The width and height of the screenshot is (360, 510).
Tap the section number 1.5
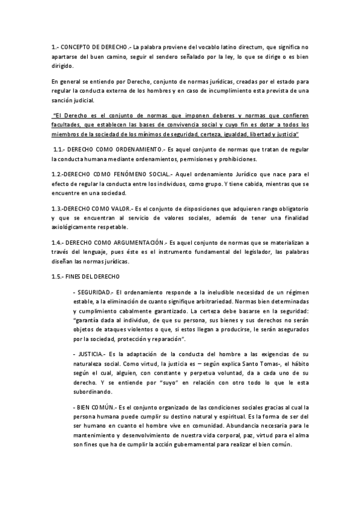pyautogui.click(x=59, y=276)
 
